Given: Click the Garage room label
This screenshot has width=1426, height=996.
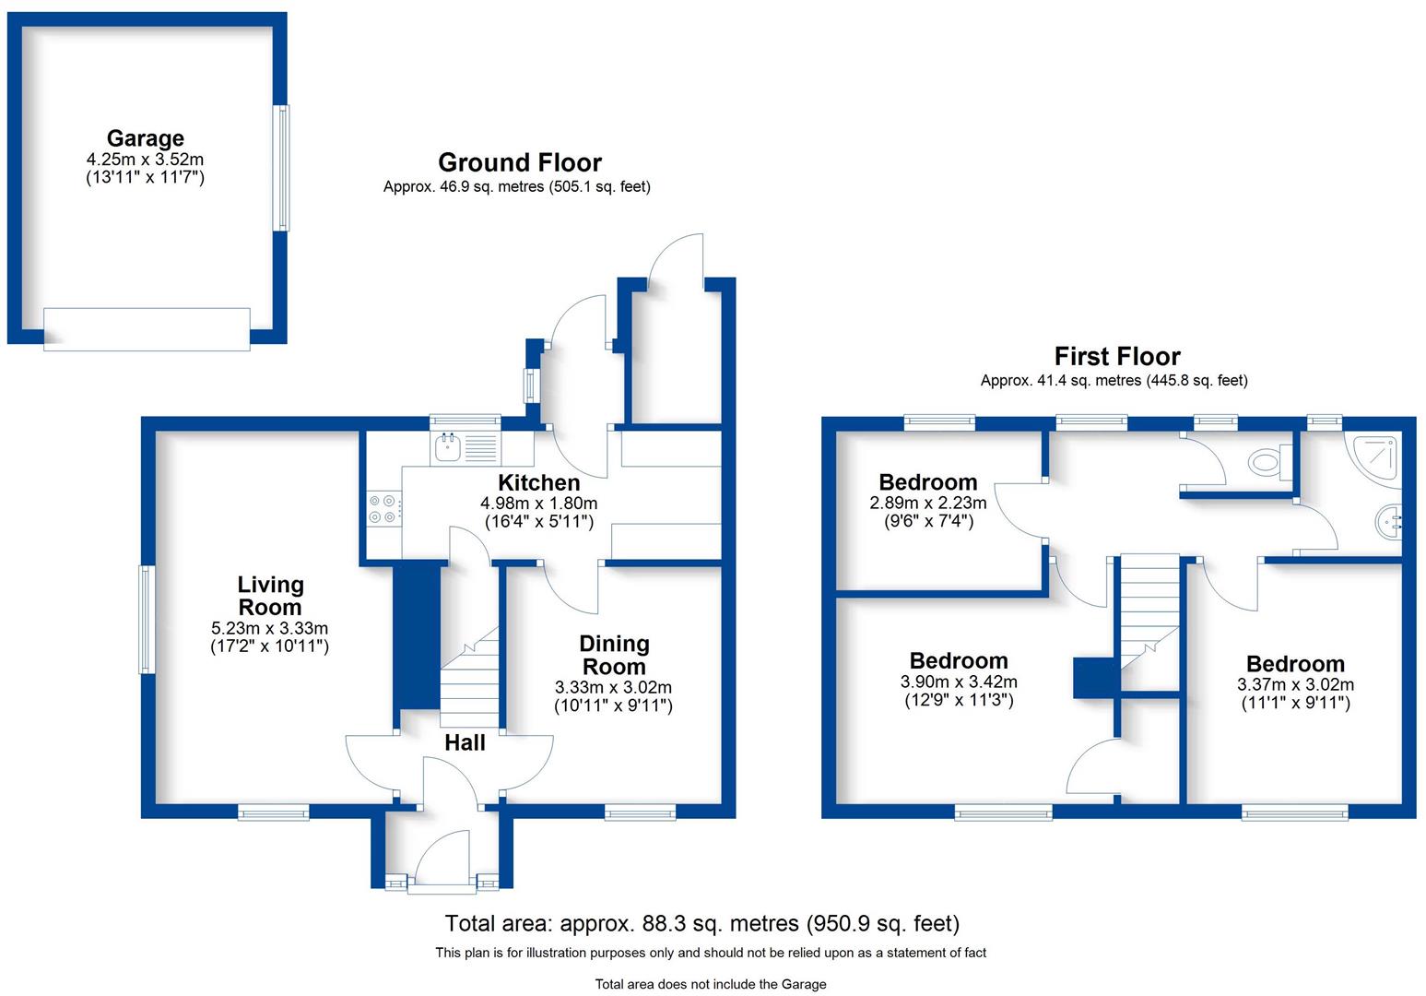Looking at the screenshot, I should click(x=145, y=138).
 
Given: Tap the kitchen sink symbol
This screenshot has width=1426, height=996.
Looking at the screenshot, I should click(x=465, y=449).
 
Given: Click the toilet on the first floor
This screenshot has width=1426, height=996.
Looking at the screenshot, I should click(x=1267, y=460).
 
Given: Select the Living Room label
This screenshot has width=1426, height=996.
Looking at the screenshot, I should click(x=269, y=596).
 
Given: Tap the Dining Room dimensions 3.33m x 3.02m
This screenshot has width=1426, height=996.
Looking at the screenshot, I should click(x=613, y=687).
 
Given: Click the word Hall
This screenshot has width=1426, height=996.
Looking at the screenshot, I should click(x=465, y=743).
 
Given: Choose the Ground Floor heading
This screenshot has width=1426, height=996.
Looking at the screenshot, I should click(x=519, y=163).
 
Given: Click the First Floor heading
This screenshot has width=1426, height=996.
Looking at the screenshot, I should click(x=1116, y=357).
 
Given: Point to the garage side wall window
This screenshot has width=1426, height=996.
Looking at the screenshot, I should click(x=281, y=168).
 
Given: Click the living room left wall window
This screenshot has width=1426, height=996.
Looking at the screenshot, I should click(x=145, y=619).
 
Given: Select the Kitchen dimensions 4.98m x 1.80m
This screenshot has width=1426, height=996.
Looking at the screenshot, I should click(x=538, y=504).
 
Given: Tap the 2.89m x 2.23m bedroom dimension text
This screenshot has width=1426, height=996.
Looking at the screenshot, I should click(x=927, y=503).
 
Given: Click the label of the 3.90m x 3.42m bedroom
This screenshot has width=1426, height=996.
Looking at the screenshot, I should click(x=959, y=661).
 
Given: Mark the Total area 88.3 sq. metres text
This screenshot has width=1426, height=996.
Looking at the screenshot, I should click(x=701, y=923).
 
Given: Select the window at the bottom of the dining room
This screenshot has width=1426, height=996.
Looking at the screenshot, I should click(x=640, y=812).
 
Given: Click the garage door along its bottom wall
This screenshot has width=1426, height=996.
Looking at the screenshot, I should click(x=147, y=329).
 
